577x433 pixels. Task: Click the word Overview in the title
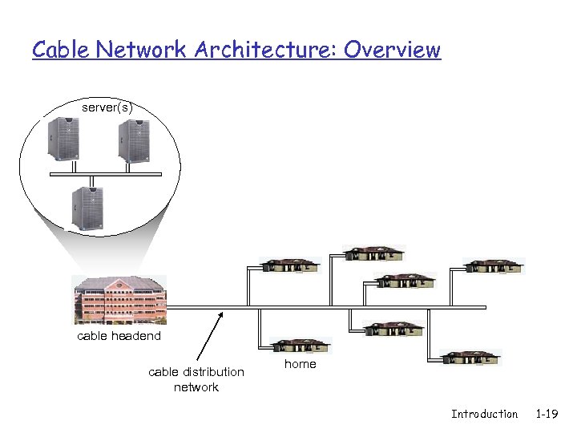[x=393, y=50]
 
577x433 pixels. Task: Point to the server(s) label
[x=107, y=107]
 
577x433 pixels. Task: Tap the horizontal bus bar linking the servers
[x=105, y=173]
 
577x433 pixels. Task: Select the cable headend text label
[x=119, y=336]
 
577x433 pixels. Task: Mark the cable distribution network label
[x=196, y=379]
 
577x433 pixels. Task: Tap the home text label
[x=301, y=364]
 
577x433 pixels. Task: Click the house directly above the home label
[x=300, y=346]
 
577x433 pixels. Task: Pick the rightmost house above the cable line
[x=494, y=265]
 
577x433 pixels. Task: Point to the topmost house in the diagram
[x=373, y=253]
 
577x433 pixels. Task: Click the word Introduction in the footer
[x=484, y=414]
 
